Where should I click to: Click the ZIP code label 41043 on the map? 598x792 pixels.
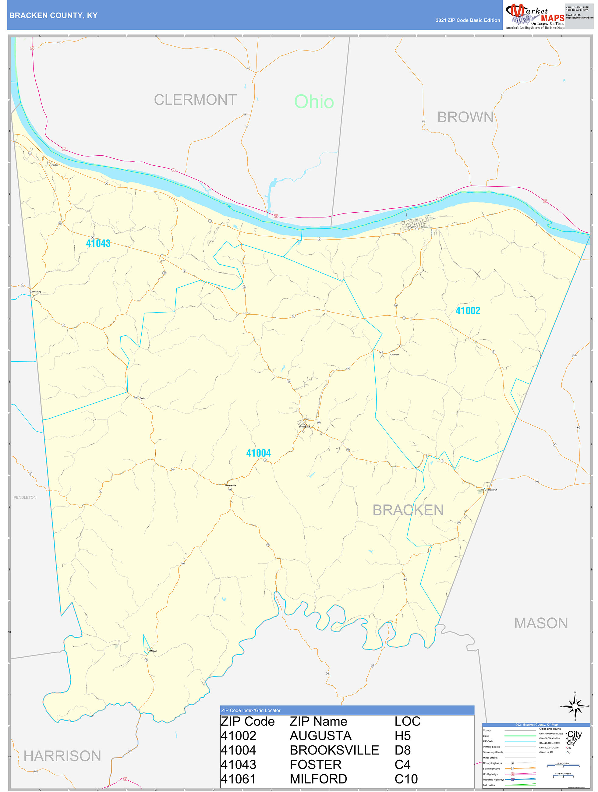tap(98, 243)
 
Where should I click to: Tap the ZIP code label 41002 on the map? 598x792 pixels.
tap(468, 311)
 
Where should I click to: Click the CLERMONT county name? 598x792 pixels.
tap(195, 100)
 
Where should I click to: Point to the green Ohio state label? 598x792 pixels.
tap(314, 102)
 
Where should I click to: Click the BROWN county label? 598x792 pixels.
tap(465, 117)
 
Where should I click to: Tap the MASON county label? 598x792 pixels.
tap(541, 623)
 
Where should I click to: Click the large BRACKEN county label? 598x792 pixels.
tap(408, 510)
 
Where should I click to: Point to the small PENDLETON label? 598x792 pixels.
tap(25, 497)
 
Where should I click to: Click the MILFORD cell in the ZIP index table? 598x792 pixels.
tap(318, 779)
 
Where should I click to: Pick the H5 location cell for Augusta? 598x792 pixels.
tap(402, 735)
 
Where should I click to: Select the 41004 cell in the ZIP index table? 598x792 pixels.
tap(238, 750)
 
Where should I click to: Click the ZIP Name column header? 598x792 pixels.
tap(318, 721)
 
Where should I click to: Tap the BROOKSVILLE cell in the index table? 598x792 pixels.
tap(334, 750)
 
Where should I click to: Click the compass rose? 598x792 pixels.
tap(575, 706)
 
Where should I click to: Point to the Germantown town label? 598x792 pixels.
tap(490, 490)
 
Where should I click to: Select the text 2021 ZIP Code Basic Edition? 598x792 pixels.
tap(468, 20)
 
